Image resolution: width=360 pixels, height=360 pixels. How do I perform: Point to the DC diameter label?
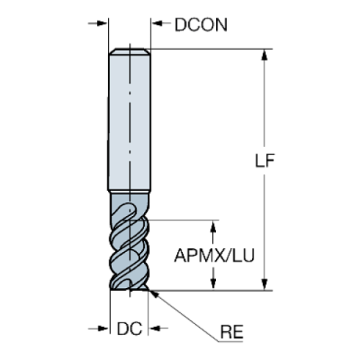click(129, 329)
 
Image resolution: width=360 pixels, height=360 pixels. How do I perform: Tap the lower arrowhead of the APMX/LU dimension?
click(215, 283)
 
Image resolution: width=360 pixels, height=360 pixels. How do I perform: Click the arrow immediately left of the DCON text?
click(159, 24)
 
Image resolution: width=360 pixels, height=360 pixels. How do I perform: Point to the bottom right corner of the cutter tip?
click(149, 289)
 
